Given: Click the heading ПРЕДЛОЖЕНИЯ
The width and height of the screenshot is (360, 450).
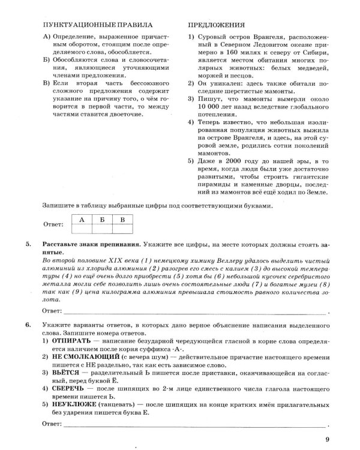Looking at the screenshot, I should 217,26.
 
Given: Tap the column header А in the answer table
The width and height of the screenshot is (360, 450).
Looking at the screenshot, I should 81,220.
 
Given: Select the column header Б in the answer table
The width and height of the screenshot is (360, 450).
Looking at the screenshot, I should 102,220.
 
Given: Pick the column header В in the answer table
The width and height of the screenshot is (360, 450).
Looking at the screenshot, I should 122,220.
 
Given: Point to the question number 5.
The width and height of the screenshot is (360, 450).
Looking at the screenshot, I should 29,245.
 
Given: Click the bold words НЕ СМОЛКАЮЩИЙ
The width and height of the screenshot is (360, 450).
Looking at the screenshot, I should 88,356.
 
